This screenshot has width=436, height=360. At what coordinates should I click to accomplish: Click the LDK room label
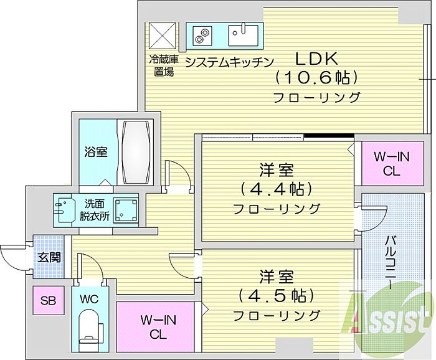click(x=316, y=60)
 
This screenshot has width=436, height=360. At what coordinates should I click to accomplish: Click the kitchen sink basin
click(x=245, y=34)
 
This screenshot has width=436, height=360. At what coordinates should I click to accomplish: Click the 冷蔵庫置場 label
click(x=163, y=65)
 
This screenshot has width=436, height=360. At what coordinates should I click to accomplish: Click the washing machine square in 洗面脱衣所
click(x=126, y=210)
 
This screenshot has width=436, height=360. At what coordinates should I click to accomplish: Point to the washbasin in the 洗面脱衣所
click(x=64, y=210)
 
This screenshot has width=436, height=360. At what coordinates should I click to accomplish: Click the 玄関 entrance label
click(x=48, y=256)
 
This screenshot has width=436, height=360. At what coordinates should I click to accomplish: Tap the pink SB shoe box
click(x=49, y=301)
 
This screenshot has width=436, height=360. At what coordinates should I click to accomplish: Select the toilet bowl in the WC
click(x=90, y=328)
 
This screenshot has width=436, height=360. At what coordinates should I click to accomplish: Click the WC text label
click(x=90, y=298)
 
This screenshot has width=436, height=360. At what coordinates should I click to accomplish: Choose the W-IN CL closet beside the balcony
click(x=391, y=164)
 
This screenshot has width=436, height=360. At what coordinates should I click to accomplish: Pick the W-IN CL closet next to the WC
click(x=158, y=327)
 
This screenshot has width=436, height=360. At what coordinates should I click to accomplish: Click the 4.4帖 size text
click(x=277, y=188)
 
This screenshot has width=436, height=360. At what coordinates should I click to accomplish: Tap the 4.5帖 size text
click(x=277, y=295)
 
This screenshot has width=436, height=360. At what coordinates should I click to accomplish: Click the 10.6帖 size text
click(x=317, y=78)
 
